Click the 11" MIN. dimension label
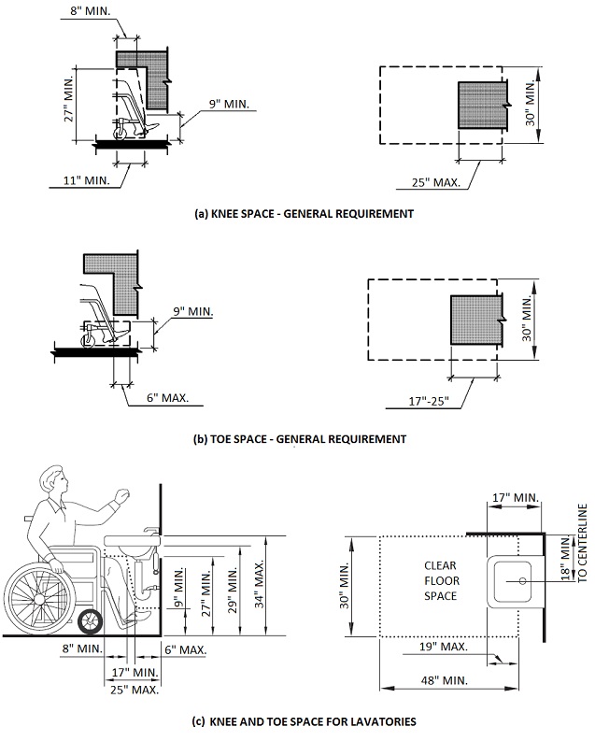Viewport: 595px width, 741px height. [87, 180]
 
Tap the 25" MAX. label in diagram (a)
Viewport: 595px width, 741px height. [436, 182]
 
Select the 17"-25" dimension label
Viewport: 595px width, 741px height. [429, 402]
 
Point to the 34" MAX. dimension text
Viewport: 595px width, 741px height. [260, 584]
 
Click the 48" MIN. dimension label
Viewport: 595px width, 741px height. [444, 680]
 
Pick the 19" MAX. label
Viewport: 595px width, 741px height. [444, 647]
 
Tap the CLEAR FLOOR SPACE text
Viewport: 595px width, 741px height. [441, 581]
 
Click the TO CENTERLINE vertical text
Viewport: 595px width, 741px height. [582, 543]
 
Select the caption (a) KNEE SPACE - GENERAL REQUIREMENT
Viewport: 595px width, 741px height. [305, 214]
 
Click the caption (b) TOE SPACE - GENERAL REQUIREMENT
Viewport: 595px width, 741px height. [300, 439]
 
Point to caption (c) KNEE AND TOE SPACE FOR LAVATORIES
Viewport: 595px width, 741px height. [305, 721]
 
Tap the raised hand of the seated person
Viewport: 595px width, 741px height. [122, 495]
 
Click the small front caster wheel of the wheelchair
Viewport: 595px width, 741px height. [90, 622]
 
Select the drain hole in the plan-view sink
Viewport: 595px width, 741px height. [522, 581]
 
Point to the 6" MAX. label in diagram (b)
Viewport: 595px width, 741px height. [167, 397]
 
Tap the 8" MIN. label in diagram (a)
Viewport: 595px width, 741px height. [91, 10]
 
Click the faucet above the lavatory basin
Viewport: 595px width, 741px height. [150, 531]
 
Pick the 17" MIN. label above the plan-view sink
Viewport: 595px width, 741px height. [516, 498]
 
